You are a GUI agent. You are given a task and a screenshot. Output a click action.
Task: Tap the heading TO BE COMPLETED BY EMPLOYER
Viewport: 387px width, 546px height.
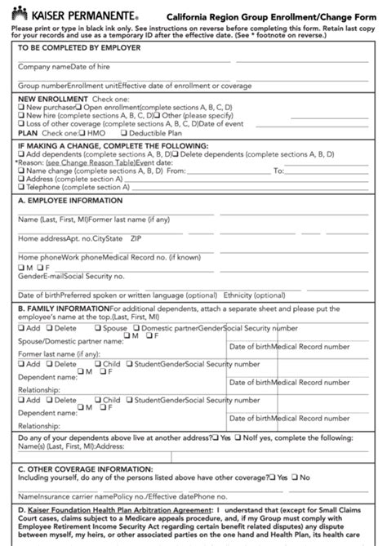pos(79,48)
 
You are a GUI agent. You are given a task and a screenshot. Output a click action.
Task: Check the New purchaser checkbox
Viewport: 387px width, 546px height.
pos(22,107)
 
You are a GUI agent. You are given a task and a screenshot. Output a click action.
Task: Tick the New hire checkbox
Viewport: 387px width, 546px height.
pos(22,116)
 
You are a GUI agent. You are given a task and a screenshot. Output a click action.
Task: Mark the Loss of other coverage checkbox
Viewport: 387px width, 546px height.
pos(22,124)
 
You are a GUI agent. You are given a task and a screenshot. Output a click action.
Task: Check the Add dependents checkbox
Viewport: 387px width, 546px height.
pos(22,153)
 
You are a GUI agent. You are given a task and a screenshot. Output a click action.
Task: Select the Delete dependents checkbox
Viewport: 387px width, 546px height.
pos(176,153)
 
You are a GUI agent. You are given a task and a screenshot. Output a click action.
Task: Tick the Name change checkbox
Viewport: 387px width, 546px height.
pos(22,171)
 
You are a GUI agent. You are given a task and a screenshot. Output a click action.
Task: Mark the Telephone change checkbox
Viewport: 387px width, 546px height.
pos(22,187)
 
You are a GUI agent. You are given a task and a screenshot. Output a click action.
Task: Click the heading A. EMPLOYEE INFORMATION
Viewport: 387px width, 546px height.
pos(70,199)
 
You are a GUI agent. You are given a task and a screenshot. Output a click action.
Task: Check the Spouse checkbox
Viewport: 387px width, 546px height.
pos(98,327)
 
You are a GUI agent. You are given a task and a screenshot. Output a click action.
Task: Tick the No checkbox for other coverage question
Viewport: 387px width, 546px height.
pos(296,477)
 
